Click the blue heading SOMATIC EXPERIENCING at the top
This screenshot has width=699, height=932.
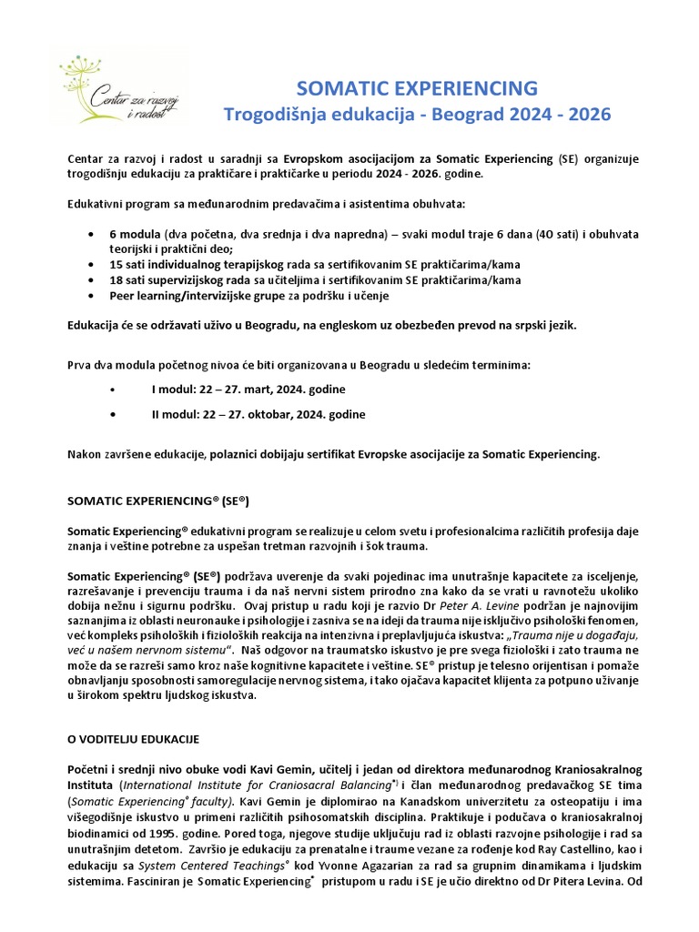pyautogui.click(x=418, y=87)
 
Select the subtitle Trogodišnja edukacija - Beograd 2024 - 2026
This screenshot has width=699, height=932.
pyautogui.click(x=418, y=115)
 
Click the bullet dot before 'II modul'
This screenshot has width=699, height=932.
pyautogui.click(x=112, y=414)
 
